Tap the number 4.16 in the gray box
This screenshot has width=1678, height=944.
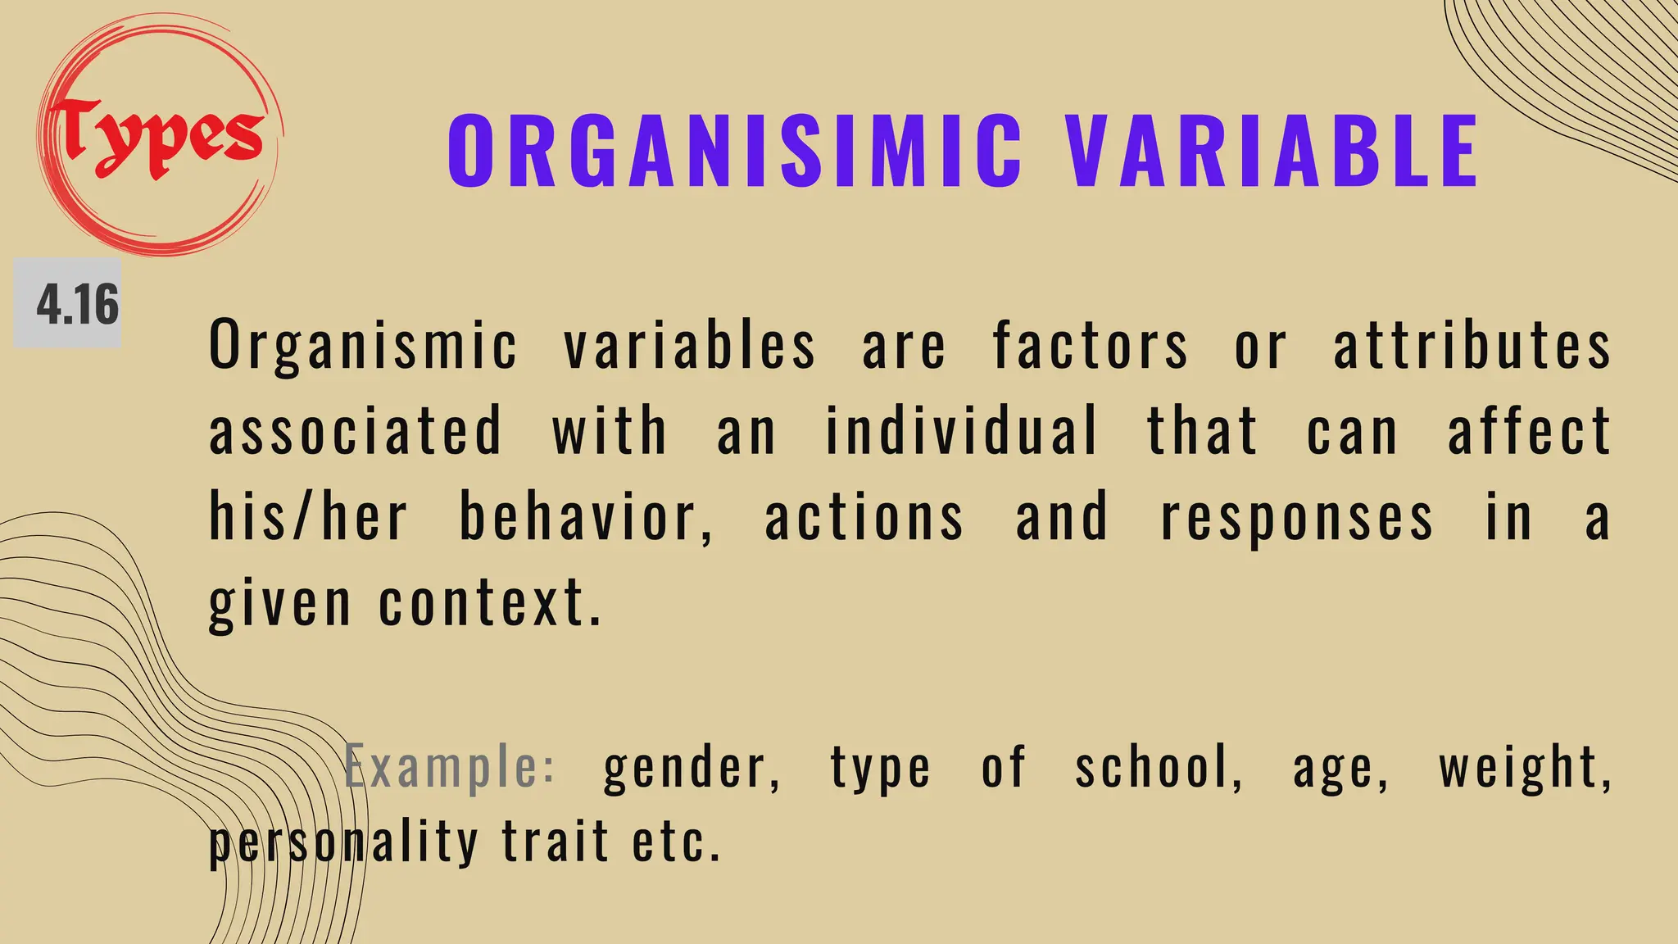click(77, 304)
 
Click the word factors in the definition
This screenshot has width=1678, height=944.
click(1090, 345)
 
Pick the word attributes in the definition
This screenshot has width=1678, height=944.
click(1472, 345)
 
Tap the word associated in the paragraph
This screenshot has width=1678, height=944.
click(355, 431)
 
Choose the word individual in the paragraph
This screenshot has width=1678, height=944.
click(960, 431)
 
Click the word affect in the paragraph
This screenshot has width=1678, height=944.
click(1529, 431)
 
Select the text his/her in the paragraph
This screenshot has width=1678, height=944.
click(308, 517)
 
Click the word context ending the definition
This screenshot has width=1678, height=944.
click(489, 603)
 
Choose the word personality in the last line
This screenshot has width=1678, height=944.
click(343, 843)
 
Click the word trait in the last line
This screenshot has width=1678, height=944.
click(556, 842)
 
